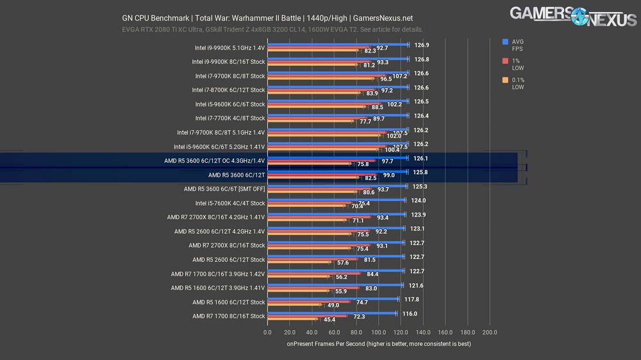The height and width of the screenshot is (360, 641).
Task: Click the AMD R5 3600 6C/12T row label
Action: tap(237, 175)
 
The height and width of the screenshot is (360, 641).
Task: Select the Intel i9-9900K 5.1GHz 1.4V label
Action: tap(229, 47)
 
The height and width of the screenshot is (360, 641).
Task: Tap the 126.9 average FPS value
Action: tap(422, 45)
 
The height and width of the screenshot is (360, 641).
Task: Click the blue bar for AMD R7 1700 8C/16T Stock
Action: tap(331, 313)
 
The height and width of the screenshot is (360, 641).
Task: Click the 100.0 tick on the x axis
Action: tap(379, 332)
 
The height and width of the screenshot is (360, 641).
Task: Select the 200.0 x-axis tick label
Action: tap(490, 332)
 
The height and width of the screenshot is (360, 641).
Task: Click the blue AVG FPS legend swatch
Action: tap(506, 42)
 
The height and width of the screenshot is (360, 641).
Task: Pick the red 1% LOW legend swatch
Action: tap(506, 61)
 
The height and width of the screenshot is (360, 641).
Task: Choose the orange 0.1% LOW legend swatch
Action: tap(506, 80)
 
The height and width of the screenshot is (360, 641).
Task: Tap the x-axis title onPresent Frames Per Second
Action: tap(378, 344)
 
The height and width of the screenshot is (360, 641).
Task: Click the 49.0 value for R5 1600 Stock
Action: tap(333, 305)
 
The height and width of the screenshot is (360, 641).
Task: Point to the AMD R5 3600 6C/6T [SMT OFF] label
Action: tap(224, 189)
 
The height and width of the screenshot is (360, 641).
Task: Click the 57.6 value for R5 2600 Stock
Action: tap(342, 263)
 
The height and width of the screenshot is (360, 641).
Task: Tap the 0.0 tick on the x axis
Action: tap(268, 332)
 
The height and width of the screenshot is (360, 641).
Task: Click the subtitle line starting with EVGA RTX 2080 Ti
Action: tap(272, 29)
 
